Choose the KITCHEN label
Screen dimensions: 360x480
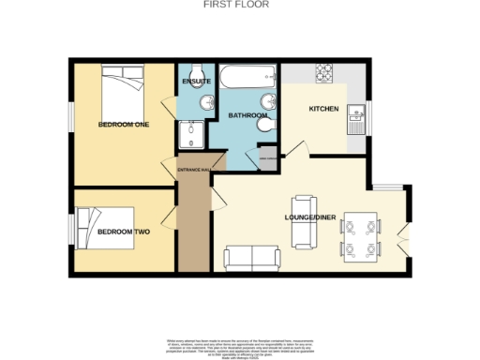(324, 109)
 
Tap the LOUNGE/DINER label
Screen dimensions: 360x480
(307, 220)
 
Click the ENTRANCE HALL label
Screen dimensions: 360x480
(192, 170)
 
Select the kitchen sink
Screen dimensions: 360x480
(356, 116)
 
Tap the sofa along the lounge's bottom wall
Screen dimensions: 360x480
(252, 254)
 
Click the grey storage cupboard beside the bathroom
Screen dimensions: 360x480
(268, 158)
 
